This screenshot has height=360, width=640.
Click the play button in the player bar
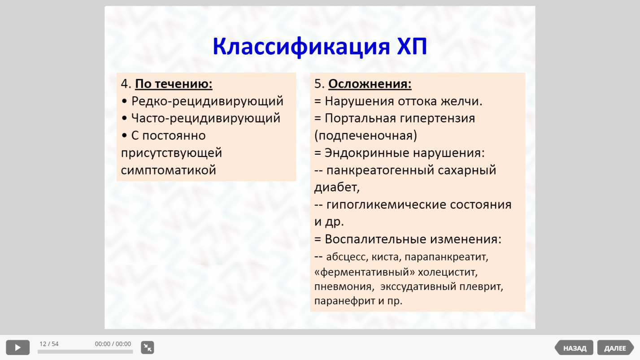point(17,347)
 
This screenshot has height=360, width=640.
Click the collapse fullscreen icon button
point(148,347)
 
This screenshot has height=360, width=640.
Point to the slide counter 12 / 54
point(49,344)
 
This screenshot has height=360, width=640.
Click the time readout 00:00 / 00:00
point(113,344)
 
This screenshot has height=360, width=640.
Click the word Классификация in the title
point(301,47)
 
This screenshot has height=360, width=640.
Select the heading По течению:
point(174,84)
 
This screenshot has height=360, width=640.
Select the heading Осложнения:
point(370,84)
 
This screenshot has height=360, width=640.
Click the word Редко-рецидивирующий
point(208,101)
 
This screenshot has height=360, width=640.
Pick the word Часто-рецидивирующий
point(206,118)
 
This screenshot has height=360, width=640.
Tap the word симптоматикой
point(168,170)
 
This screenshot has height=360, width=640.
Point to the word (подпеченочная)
point(366,136)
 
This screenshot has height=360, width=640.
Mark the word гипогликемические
point(386,204)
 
